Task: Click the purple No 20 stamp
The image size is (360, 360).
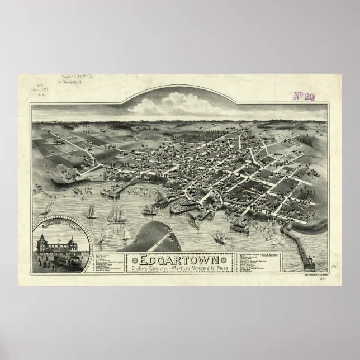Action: click(304, 96)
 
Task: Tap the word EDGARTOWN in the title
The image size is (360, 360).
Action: click(179, 260)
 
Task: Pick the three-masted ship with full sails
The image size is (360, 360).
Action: click(117, 215)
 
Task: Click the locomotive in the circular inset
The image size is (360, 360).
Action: click(65, 263)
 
